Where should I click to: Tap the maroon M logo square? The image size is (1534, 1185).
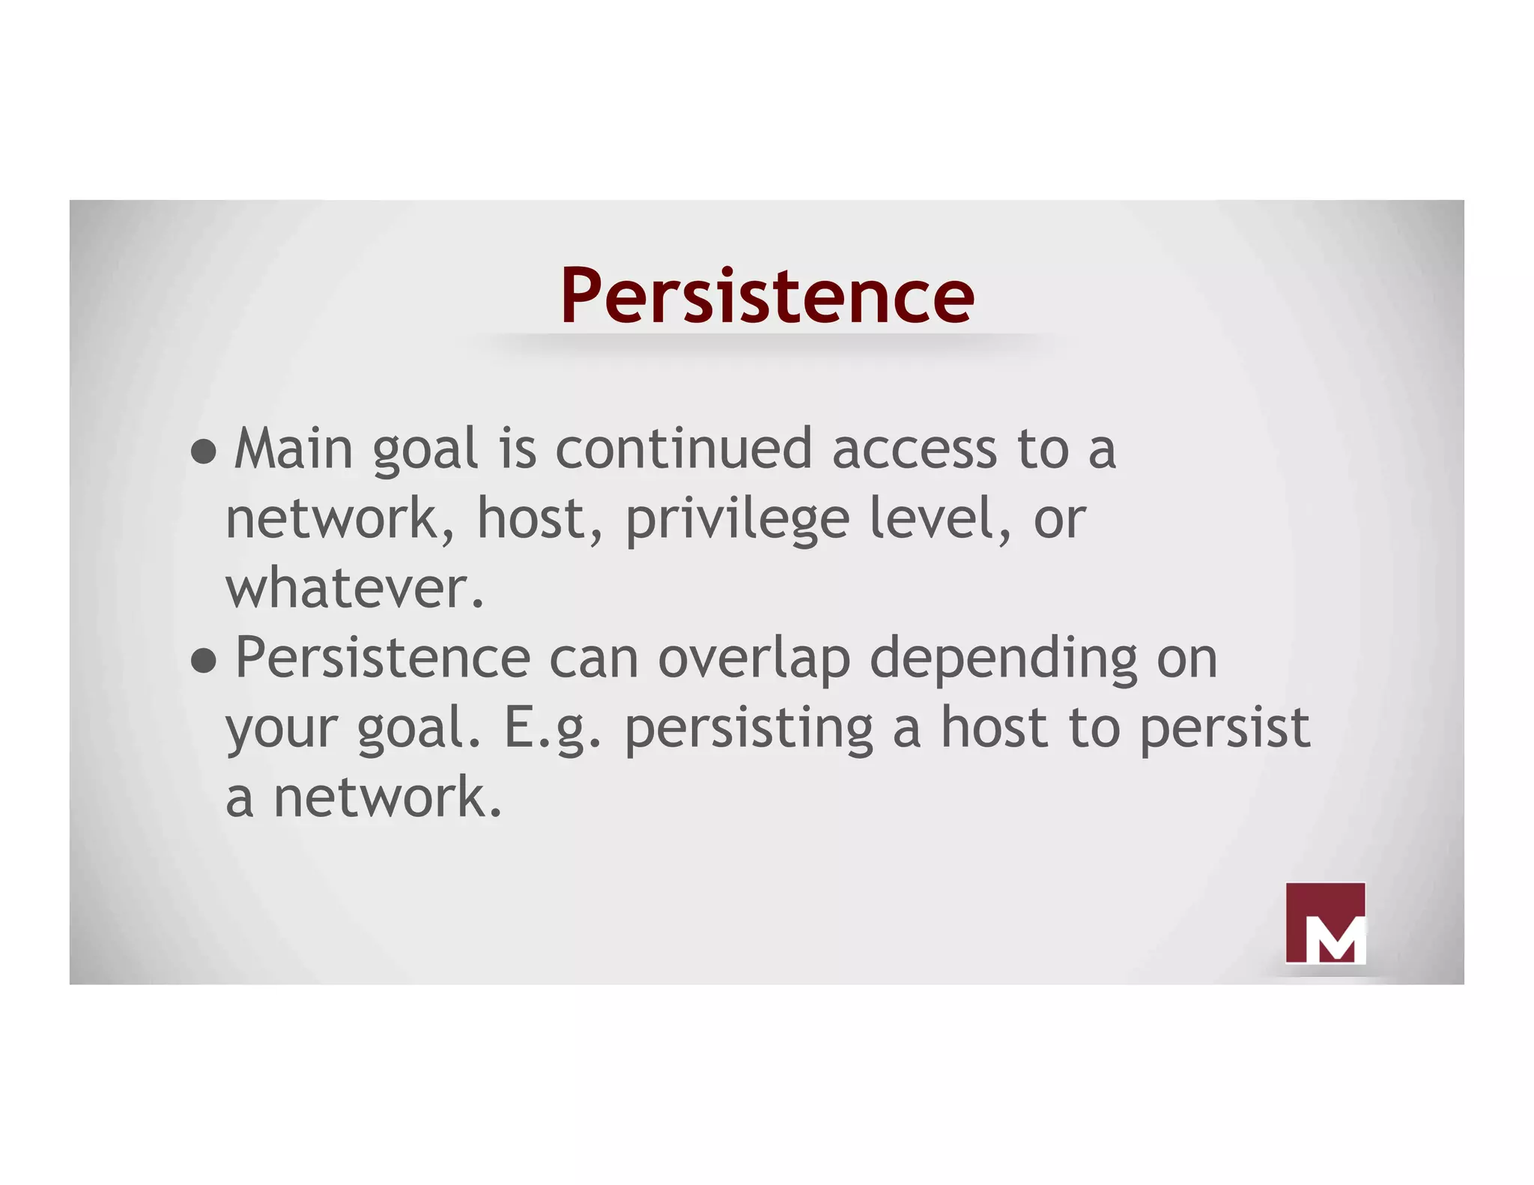point(1325,922)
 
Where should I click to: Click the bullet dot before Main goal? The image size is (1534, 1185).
point(203,451)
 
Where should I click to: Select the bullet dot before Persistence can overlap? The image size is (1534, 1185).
point(203,661)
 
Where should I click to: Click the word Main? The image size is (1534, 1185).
point(293,449)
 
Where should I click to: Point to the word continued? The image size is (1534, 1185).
point(683,449)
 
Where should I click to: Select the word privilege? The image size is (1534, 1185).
point(737,520)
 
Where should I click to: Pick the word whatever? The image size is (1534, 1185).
point(355,589)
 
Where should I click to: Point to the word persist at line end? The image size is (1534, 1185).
point(1224,729)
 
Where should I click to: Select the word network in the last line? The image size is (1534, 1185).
point(387,798)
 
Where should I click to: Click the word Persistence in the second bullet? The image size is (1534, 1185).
point(383,658)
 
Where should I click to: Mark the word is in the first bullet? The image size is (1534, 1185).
point(518,449)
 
